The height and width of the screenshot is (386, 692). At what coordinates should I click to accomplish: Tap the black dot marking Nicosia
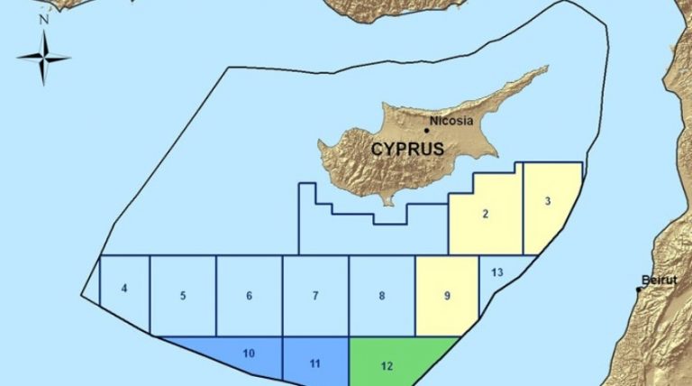tap(427, 130)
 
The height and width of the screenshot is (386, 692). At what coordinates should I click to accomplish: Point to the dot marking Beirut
tap(639, 289)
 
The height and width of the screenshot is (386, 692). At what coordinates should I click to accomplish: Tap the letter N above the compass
tap(43, 19)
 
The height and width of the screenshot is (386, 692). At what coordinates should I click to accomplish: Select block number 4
tap(124, 289)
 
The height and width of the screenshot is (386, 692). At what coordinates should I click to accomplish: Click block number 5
tap(183, 296)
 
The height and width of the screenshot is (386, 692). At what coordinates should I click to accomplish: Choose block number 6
tap(249, 296)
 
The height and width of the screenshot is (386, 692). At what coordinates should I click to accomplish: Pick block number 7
tap(315, 296)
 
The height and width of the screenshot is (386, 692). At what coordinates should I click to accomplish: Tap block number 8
tap(382, 296)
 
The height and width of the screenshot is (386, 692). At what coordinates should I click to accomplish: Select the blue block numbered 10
tap(249, 353)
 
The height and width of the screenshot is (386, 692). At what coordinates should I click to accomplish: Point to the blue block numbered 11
tap(315, 363)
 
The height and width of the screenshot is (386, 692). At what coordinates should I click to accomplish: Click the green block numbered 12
tap(387, 365)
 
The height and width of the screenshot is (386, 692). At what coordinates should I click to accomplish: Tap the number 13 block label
tap(498, 271)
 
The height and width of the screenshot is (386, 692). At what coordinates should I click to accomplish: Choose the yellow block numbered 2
tap(486, 214)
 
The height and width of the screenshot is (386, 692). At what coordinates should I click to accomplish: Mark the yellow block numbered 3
tap(548, 202)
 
